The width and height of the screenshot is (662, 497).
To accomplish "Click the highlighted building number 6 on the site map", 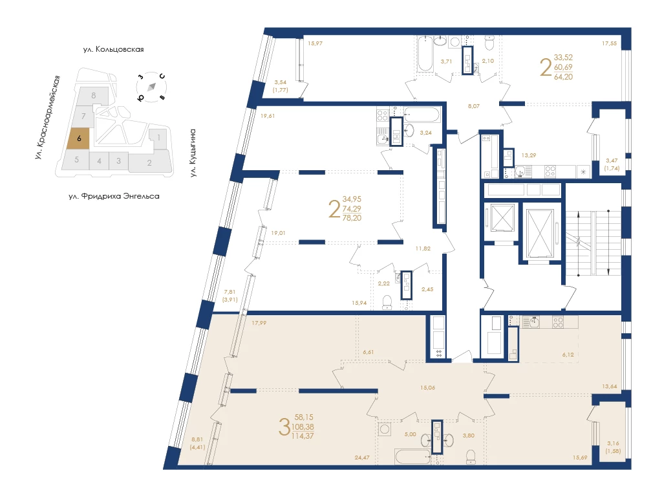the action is tap(79, 138).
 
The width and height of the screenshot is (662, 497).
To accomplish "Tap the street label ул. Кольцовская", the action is tap(114, 49).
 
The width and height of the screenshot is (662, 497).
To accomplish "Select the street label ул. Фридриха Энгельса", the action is tap(114, 196).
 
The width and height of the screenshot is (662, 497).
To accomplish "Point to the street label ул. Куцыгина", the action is tap(193, 153).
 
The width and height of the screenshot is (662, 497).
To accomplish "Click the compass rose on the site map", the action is tap(151, 87).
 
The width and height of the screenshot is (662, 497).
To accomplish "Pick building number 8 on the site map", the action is tap(94, 96).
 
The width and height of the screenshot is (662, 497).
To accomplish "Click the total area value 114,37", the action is tap(303, 436).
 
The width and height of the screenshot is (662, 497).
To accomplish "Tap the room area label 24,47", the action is tap(362, 458).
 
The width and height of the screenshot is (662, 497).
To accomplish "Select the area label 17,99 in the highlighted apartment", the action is tap(259, 323).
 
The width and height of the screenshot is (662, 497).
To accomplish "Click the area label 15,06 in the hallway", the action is tap(428, 388).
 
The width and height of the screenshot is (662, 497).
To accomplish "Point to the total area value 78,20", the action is tap(352, 218).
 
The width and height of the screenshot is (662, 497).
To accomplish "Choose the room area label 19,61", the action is tap(268, 116).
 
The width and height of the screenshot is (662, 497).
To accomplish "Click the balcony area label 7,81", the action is tap(230, 292).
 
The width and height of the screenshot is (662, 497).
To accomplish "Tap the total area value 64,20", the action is tap(563, 76).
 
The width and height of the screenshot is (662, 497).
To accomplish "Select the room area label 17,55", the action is tap(609, 43).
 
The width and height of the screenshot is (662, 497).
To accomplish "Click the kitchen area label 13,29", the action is tap(529, 155).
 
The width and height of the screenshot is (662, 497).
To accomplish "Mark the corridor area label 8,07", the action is tap(474, 106).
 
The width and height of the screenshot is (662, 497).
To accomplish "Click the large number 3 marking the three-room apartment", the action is tap(284, 426).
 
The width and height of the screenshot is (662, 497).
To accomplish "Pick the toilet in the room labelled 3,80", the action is tap(471, 456).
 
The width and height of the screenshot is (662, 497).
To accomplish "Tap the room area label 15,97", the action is tap(315, 43).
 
